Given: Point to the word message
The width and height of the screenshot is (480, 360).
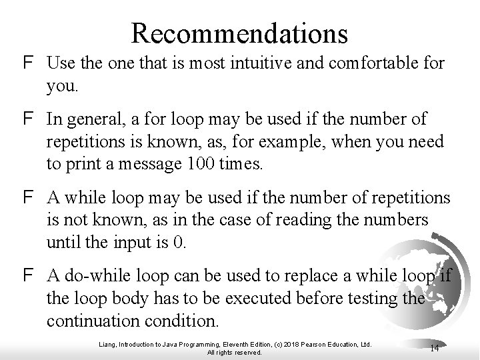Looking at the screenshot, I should (137, 165).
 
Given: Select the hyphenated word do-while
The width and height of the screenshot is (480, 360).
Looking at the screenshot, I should (96, 275).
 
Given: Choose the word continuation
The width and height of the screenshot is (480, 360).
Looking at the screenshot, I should (95, 321).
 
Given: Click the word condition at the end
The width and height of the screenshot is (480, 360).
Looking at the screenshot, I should (183, 321).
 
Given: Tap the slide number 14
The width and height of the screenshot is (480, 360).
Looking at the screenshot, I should (434, 347).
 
